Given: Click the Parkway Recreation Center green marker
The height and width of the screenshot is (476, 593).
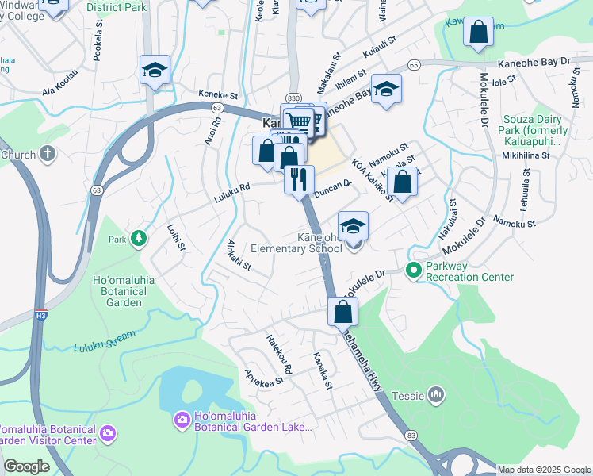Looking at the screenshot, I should pyautogui.click(x=412, y=271).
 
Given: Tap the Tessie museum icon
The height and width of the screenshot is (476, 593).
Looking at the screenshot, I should pyautogui.click(x=435, y=393).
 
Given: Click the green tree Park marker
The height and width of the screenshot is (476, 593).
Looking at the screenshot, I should pyautogui.click(x=139, y=238).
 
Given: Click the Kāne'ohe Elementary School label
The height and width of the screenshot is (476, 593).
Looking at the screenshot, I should pyautogui.click(x=296, y=242).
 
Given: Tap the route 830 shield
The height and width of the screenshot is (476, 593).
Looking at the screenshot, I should pyautogui.click(x=293, y=95).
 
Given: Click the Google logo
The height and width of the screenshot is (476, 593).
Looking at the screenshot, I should pyautogui.click(x=26, y=466).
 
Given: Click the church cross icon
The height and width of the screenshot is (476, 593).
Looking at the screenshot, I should pyautogui.click(x=48, y=153).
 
